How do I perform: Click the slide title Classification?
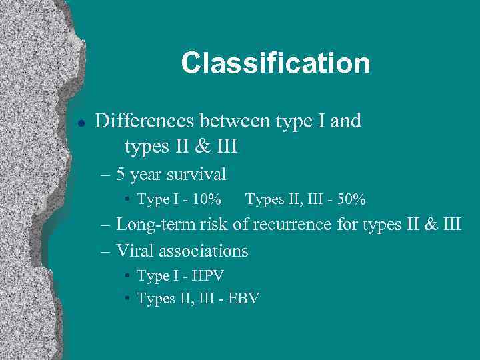[275, 63]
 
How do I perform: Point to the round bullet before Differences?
[81, 123]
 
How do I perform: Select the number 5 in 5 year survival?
[121, 175]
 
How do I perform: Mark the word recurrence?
[290, 225]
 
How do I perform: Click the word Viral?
[134, 251]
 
